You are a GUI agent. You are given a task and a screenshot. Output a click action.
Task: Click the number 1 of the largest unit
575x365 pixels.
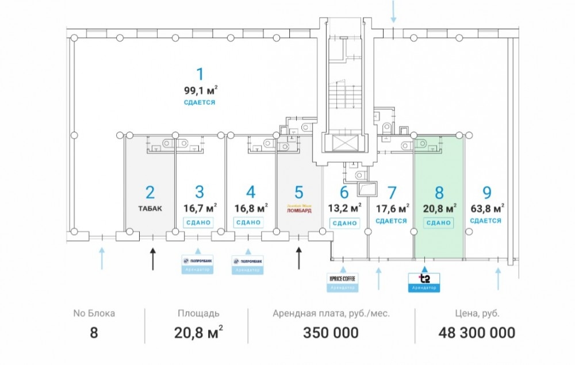pyautogui.click(x=200, y=74)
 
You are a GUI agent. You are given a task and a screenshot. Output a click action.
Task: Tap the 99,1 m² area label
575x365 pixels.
pyautogui.click(x=200, y=90)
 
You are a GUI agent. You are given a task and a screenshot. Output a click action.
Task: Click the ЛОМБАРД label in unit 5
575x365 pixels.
pyautogui.click(x=299, y=210)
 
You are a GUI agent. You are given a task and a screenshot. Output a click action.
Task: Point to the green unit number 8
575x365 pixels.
pyautogui.click(x=439, y=192)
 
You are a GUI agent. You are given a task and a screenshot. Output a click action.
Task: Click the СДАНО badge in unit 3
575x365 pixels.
pyautogui.click(x=199, y=222)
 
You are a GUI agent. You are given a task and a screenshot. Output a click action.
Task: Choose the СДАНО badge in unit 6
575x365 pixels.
pyautogui.click(x=344, y=222)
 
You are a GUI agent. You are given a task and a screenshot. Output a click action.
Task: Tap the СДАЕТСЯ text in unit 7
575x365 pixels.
pyautogui.click(x=391, y=221)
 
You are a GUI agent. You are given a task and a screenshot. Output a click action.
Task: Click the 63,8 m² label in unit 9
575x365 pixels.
pyautogui.click(x=486, y=208)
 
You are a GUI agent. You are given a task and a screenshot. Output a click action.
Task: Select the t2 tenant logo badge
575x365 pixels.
pyautogui.click(x=423, y=281)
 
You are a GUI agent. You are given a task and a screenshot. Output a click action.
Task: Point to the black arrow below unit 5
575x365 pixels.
pyautogui.click(x=299, y=258)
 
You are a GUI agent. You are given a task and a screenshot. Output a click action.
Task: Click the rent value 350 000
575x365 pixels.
pyautogui.click(x=331, y=332)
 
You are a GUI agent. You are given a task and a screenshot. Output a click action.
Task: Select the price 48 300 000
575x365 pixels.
pyautogui.click(x=477, y=332)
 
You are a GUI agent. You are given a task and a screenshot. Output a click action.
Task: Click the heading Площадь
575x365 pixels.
pyautogui.click(x=198, y=313)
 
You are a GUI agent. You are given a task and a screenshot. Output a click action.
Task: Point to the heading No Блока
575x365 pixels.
pyautogui.click(x=94, y=313)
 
